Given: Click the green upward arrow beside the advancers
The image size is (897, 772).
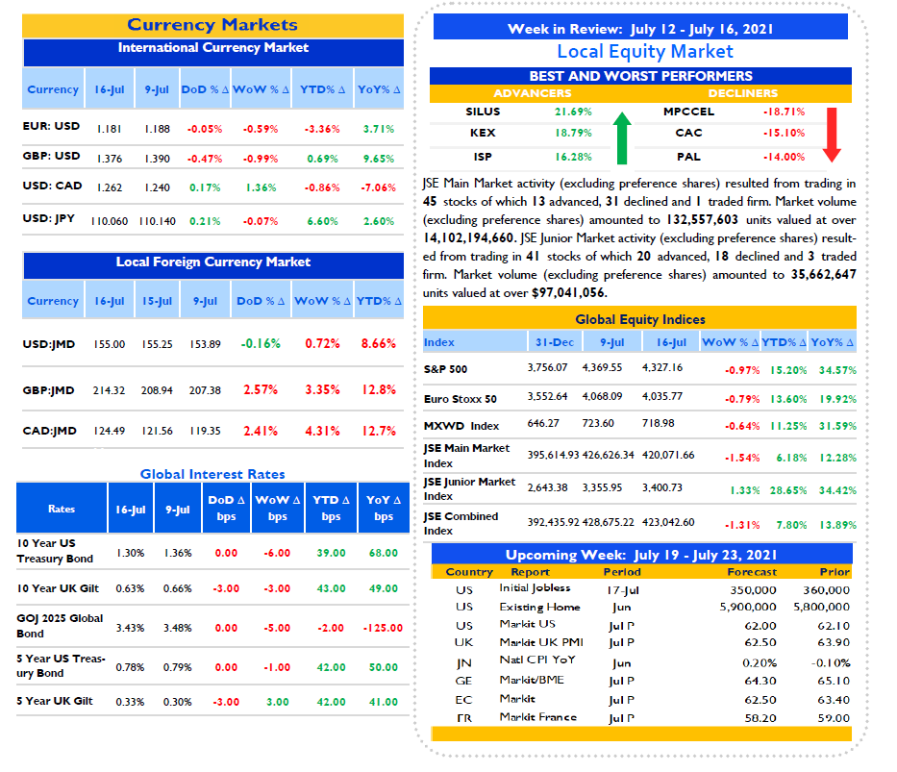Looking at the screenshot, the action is click(622, 137).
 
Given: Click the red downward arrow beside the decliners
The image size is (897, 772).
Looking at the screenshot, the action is click(832, 135).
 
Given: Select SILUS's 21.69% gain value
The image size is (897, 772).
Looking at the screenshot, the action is click(573, 112).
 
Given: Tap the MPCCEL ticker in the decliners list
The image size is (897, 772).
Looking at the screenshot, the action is click(688, 112).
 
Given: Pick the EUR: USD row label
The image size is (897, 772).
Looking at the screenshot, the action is click(51, 126).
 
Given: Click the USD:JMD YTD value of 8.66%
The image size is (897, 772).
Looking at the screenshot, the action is click(379, 343).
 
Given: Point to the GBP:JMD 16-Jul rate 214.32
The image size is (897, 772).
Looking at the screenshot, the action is click(110, 390).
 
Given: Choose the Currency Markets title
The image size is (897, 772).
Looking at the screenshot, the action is click(212, 25).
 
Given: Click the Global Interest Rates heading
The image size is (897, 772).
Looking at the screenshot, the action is click(212, 474).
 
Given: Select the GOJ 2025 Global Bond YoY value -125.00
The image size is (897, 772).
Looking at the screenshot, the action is click(383, 628).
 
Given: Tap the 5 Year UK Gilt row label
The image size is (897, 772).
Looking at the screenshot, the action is click(55, 701).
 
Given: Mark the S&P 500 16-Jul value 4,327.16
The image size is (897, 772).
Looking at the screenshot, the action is click(662, 367).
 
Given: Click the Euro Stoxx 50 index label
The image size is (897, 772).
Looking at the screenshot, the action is click(460, 399).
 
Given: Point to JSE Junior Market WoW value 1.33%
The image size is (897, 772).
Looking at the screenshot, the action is click(745, 490).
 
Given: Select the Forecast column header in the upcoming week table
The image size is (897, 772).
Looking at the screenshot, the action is click(752, 572).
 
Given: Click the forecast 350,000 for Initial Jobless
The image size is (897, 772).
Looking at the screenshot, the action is click(753, 589).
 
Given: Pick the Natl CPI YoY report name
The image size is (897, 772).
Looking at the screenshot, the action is click(537, 660).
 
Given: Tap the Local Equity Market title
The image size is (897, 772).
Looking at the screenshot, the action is click(645, 52).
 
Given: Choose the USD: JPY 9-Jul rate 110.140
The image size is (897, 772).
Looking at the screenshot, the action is click(158, 221).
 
